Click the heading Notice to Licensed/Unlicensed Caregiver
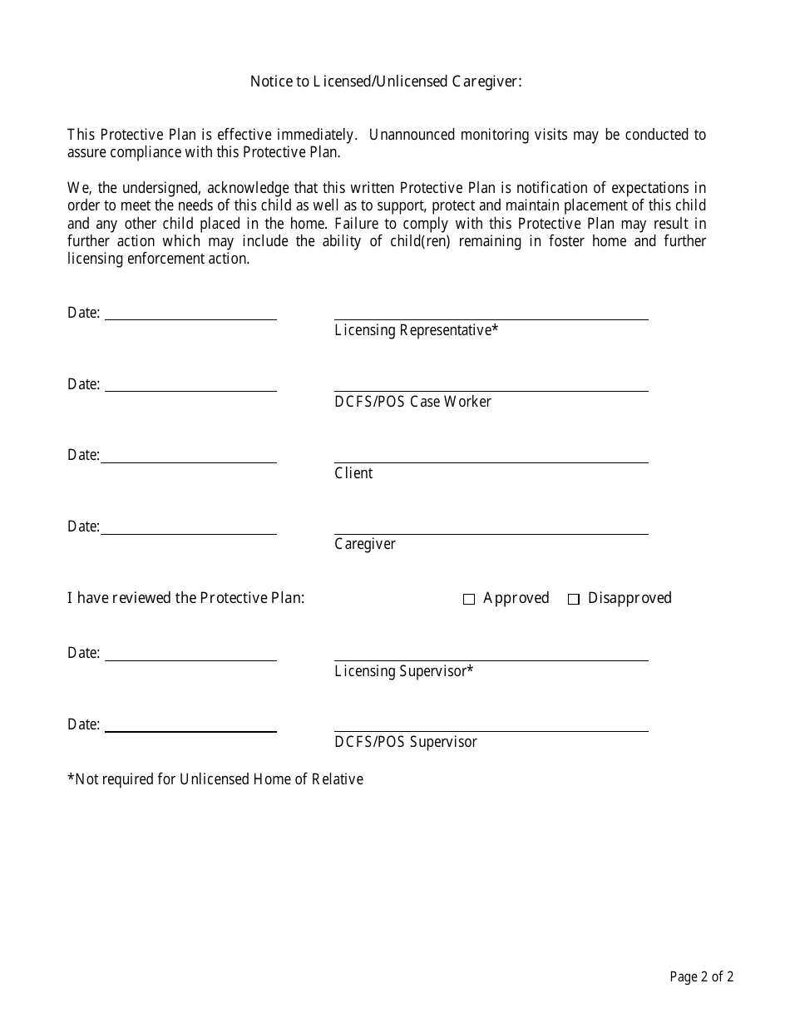point(386,82)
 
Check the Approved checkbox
point(469,599)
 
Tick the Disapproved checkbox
point(574,599)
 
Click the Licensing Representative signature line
point(491,312)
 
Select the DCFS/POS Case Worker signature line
point(491,383)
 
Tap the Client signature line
point(491,455)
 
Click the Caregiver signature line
point(491,526)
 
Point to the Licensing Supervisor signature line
point(491,653)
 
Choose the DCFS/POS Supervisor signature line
point(491,724)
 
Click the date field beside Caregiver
point(189,526)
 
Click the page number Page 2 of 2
point(701,977)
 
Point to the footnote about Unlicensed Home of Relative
point(215,779)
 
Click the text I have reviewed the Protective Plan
point(185,598)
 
